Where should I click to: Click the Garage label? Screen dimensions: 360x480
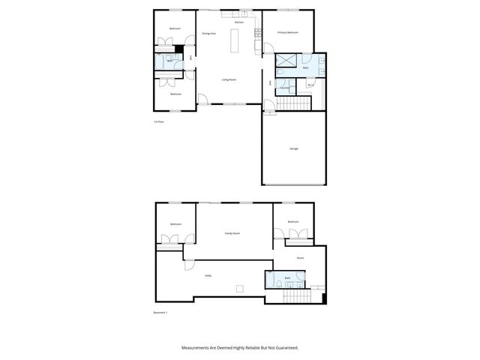(x=294, y=148)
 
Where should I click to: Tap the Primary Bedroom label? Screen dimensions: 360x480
(x=288, y=33)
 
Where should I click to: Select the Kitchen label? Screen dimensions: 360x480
(x=239, y=22)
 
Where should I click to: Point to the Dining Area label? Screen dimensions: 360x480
(x=209, y=34)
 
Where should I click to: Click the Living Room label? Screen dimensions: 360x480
(x=229, y=79)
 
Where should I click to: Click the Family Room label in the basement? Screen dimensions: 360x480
(x=232, y=233)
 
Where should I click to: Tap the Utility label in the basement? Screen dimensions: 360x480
(x=208, y=275)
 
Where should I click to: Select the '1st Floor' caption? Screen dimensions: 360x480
(x=158, y=121)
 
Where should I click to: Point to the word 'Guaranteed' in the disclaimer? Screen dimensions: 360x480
(x=282, y=348)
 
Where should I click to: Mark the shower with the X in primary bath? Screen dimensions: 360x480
(x=286, y=62)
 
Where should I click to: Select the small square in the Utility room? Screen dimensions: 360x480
(x=239, y=289)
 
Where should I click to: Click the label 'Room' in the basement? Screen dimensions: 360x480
(x=300, y=258)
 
